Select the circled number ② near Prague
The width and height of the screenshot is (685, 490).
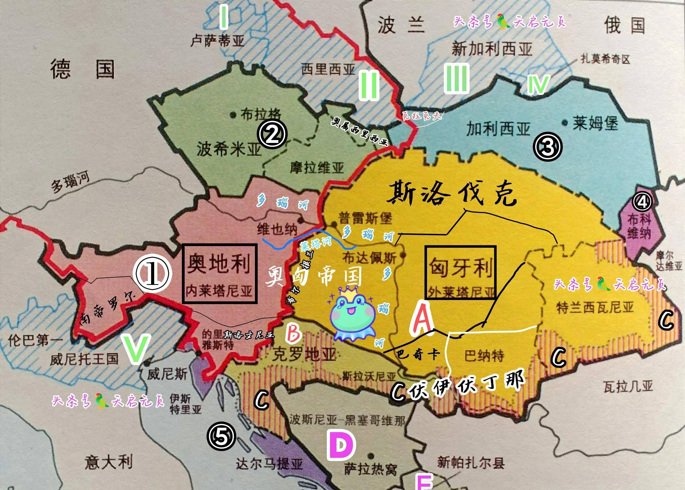point(272,135)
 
